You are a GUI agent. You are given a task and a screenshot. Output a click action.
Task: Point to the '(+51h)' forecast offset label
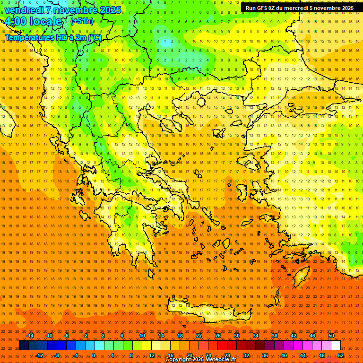(82, 21)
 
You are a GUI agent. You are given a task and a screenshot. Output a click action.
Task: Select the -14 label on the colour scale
(30, 336)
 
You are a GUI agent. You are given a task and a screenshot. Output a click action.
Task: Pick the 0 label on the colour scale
(93, 355)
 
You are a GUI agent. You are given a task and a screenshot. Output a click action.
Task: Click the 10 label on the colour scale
(142, 336)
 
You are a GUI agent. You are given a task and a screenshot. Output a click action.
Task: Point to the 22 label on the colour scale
(199, 336)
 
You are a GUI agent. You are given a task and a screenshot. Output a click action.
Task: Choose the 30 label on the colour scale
(236, 336)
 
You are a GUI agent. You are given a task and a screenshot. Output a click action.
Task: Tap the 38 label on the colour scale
(274, 336)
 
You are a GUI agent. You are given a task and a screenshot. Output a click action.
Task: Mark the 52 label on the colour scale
(341, 355)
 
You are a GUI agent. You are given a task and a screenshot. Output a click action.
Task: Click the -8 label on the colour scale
(57, 355)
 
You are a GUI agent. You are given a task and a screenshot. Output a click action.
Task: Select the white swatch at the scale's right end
(336, 346)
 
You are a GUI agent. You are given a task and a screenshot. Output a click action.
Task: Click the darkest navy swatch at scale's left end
(24, 346)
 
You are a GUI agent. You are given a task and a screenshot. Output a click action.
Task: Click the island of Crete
(203, 310)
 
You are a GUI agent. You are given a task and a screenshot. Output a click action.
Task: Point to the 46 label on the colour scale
(312, 336)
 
